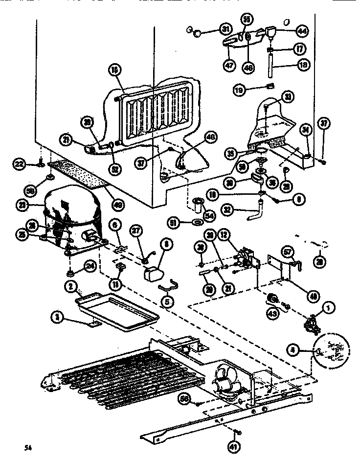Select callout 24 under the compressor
pos(89,267)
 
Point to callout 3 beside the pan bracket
pos(58,317)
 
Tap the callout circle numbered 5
pos(168,302)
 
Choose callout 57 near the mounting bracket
pos(288,252)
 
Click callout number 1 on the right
pos(328,307)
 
